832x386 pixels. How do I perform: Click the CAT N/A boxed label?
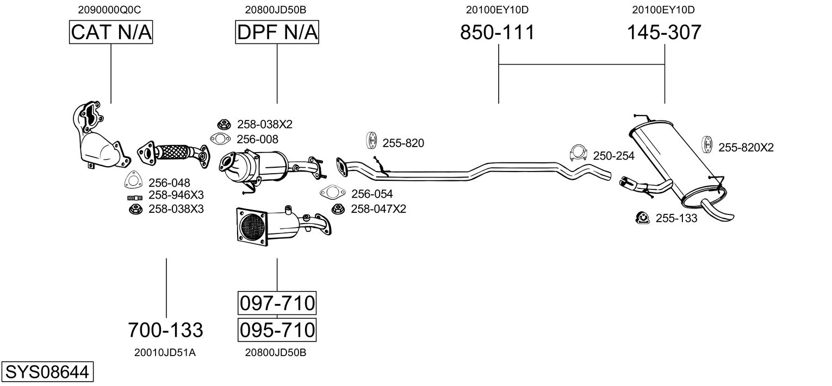pos(111,33)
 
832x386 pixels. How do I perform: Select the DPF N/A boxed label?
pos(277,33)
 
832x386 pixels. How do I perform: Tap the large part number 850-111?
pos(498,33)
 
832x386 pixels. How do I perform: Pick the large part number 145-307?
pos(664,33)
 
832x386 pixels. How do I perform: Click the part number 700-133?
pos(165,330)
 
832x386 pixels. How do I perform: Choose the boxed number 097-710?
pos(277,303)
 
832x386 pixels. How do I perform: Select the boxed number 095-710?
pos(277,330)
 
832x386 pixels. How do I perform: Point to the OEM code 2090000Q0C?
pos(111,9)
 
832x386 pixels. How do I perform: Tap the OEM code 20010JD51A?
pos(165,353)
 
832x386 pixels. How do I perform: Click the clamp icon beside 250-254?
pos(578,154)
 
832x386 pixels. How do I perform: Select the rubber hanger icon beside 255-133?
pos(642,218)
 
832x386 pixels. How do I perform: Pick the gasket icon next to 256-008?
pos(219,140)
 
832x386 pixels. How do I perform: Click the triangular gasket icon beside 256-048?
pos(133,181)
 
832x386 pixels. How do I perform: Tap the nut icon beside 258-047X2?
pos(337,208)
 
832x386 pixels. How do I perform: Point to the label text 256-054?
pos(372,194)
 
